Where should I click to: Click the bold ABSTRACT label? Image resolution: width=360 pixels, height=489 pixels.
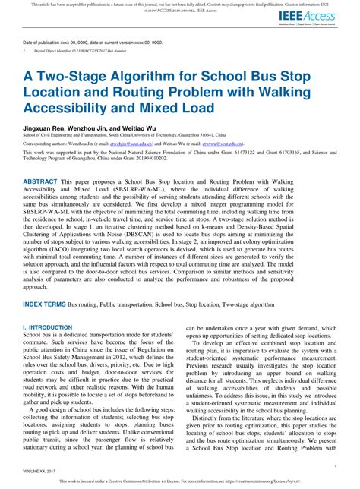(46, 182)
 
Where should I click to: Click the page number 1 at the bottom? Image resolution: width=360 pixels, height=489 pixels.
(335, 466)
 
